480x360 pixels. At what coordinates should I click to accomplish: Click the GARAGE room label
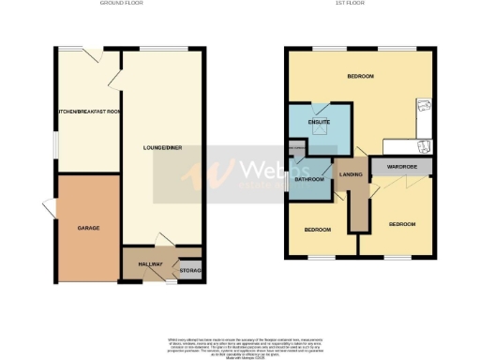point(89,228)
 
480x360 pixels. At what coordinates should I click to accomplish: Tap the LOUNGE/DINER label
point(161,147)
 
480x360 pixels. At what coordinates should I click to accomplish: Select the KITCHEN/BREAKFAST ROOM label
point(88,112)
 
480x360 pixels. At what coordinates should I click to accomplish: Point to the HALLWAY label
point(151,264)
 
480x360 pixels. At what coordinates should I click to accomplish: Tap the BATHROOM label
point(309,179)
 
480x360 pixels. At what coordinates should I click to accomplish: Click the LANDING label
point(352,173)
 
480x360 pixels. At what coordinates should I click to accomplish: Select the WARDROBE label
point(401,168)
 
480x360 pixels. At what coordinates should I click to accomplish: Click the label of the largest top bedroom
point(361,76)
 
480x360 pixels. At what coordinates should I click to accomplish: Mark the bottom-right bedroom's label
point(402,224)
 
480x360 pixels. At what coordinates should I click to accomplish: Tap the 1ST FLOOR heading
point(359,4)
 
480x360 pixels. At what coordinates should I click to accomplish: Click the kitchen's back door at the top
point(91,55)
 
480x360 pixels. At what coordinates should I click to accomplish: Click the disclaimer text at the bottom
point(240,341)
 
